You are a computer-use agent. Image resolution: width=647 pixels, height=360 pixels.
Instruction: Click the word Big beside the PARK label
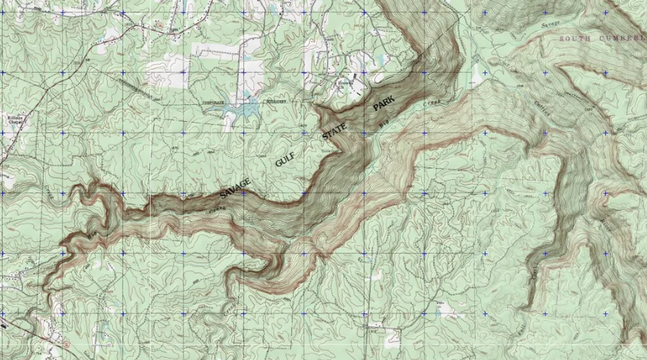[386, 122]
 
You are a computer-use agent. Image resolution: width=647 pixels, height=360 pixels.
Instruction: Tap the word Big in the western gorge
[93, 231]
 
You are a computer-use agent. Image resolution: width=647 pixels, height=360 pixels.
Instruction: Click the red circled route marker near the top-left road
[158, 25]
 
